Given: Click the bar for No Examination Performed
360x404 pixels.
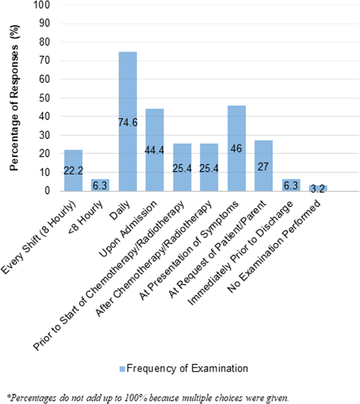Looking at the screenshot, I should [318, 188].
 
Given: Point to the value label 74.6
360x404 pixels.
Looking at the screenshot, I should [128, 123].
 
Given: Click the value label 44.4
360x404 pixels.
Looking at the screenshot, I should [155, 150].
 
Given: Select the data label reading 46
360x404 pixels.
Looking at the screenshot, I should [236, 149].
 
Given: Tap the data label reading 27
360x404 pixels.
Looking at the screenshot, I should [263, 166].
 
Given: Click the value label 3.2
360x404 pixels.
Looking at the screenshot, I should [318, 189].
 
